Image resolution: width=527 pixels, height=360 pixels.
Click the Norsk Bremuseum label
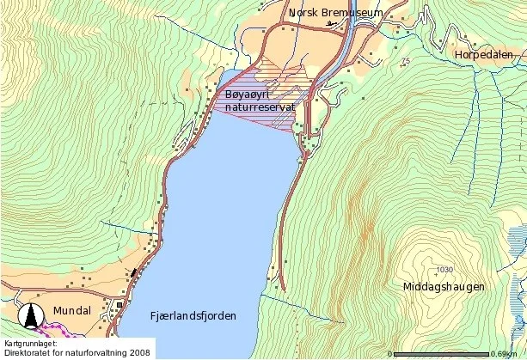coord(335,13)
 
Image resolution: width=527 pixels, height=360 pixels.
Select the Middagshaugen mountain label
coord(443,287)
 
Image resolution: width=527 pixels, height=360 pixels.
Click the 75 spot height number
coord(405,60)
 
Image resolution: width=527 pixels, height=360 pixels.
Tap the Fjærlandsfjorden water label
coord(192,316)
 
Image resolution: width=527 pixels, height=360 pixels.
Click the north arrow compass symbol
coord(33,316)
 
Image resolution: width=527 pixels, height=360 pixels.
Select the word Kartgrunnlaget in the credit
coord(32,343)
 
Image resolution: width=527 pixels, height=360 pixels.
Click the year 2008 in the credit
coord(138,352)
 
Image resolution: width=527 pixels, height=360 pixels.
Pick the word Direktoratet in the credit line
coord(28,352)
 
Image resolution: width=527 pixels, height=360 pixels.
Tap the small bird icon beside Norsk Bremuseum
coord(332,24)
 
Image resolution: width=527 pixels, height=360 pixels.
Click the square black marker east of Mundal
coord(120,304)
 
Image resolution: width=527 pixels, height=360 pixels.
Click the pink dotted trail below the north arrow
coord(56,329)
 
